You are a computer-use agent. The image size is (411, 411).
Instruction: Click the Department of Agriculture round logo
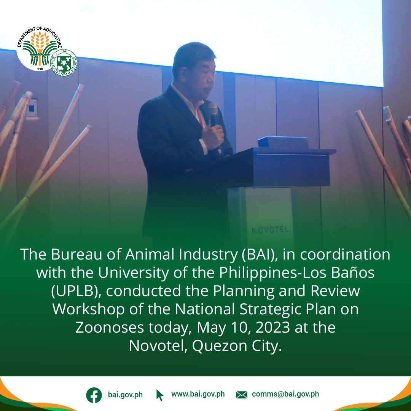(39, 48)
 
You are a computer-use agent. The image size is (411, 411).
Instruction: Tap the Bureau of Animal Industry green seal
(64, 63)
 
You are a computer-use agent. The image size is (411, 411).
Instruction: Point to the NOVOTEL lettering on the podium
(270, 230)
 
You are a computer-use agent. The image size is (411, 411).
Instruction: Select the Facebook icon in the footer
(94, 395)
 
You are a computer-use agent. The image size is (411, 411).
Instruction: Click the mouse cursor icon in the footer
(159, 395)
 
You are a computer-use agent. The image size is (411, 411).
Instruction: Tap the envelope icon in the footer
(241, 395)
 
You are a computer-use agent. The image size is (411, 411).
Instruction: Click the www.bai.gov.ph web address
(198, 394)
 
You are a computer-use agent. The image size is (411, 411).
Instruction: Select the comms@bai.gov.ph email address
(285, 394)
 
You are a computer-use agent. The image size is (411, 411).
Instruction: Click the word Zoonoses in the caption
(110, 327)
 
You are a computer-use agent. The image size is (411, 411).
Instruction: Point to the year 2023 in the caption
(272, 327)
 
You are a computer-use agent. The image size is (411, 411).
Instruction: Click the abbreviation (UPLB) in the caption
(76, 292)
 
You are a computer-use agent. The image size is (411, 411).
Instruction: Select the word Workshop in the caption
(89, 310)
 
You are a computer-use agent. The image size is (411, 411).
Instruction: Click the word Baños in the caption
(353, 272)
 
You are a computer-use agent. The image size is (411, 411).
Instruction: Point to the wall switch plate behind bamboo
(32, 108)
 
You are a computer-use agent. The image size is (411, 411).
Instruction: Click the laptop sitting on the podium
(283, 142)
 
